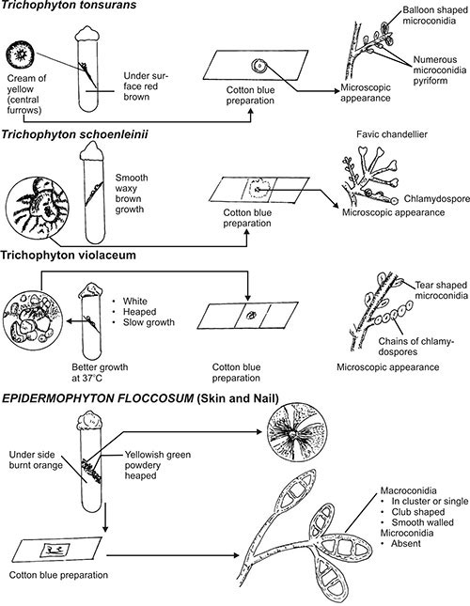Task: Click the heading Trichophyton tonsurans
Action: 70,5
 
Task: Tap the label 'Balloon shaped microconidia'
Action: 435,15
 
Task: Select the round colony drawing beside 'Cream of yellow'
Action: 20,54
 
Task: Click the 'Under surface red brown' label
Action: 146,86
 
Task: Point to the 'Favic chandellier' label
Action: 392,134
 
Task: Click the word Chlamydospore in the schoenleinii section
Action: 437,198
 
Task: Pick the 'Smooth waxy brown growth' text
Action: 132,194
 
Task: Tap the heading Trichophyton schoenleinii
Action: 75,135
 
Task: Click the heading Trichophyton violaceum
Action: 69,255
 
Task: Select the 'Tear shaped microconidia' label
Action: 442,290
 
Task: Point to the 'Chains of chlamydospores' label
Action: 415,347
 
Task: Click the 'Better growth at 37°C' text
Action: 100,372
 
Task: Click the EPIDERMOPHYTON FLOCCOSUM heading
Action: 98,398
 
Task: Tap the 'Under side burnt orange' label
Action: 36,460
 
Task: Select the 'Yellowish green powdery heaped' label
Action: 158,465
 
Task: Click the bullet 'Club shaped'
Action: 417,512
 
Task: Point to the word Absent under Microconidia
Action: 406,543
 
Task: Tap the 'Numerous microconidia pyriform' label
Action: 440,70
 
